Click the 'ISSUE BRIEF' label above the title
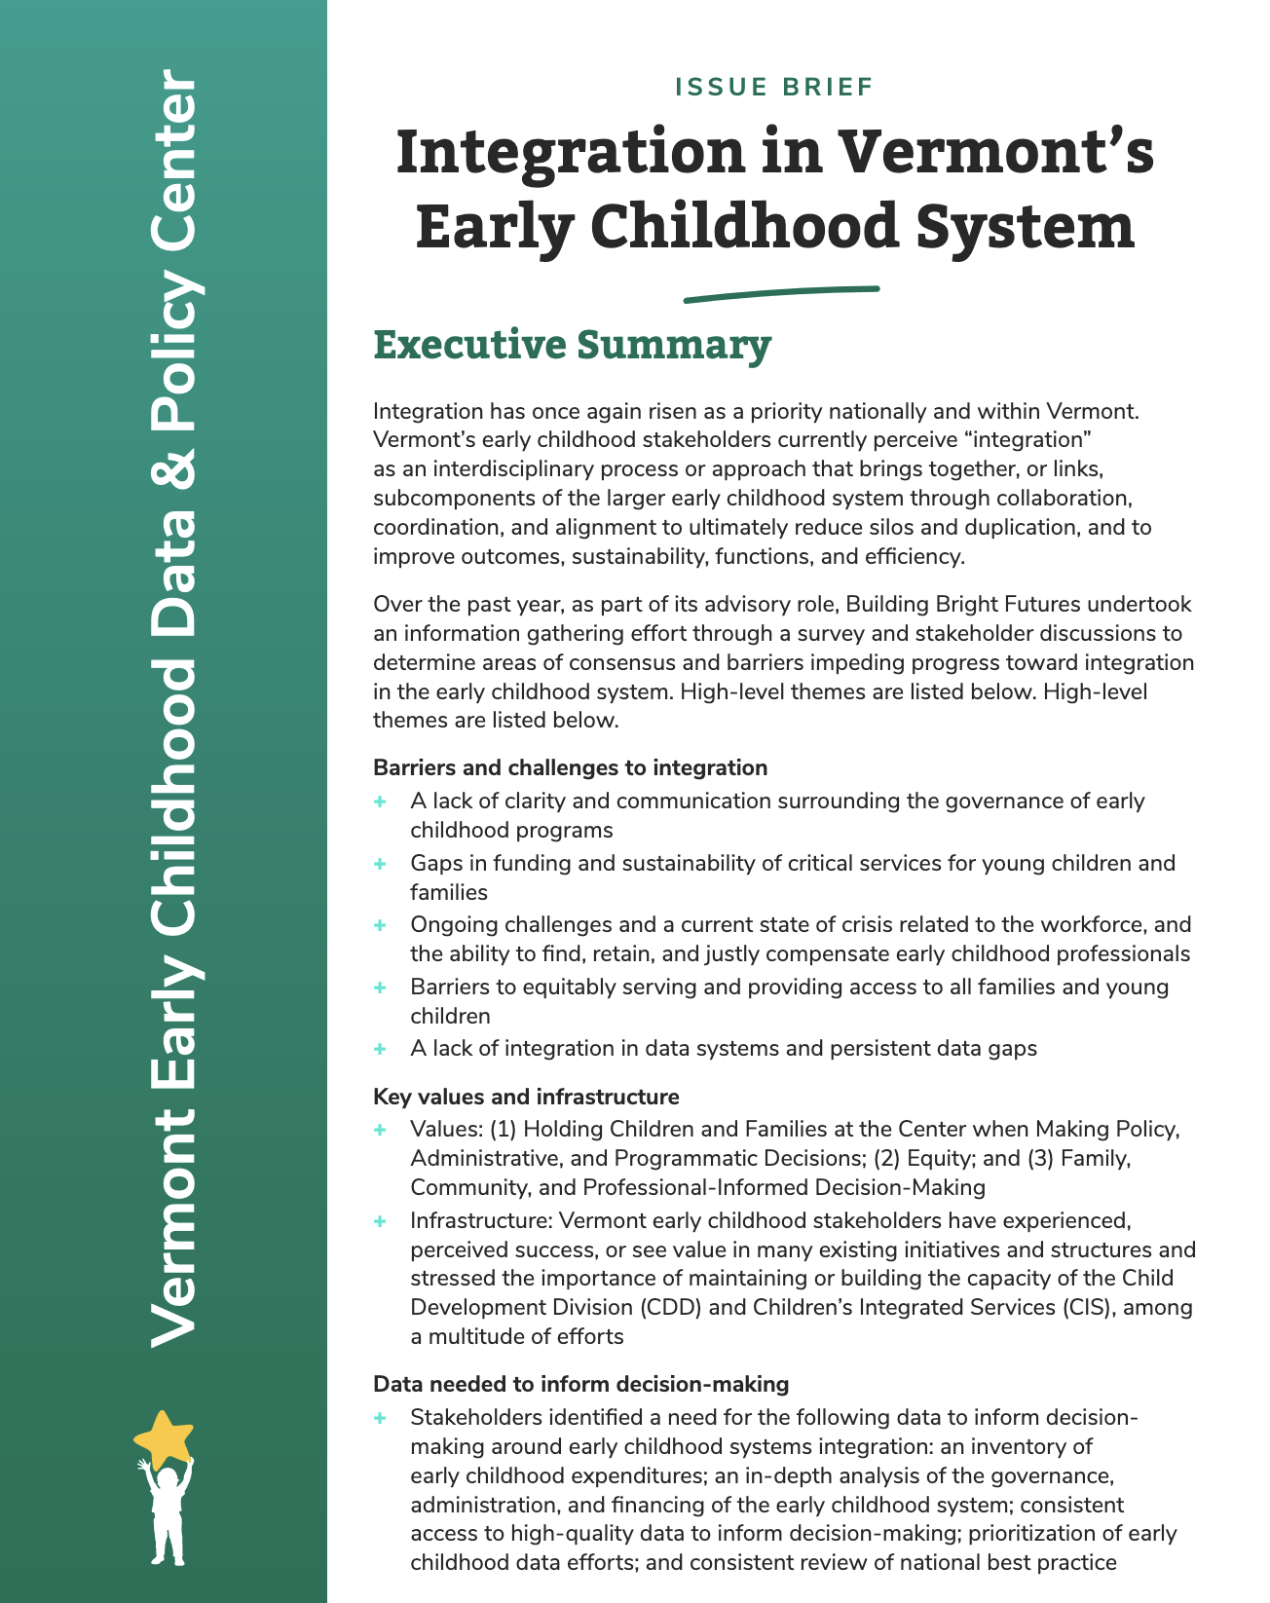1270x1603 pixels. pyautogui.click(x=774, y=88)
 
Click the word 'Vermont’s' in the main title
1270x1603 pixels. pyautogui.click(x=995, y=154)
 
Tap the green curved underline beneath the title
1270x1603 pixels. pyautogui.click(x=781, y=293)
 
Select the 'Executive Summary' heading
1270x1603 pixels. pyautogui.click(x=572, y=346)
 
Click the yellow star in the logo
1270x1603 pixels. pyautogui.click(x=163, y=1437)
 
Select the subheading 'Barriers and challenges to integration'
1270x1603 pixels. pyautogui.click(x=570, y=767)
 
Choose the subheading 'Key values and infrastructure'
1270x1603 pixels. pyautogui.click(x=526, y=1097)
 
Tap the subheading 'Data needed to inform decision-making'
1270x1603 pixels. pyautogui.click(x=580, y=1384)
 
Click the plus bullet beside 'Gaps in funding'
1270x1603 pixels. pyautogui.click(x=380, y=864)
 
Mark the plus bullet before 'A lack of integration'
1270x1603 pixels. pyautogui.click(x=380, y=1049)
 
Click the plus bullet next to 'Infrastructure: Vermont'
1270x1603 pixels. pyautogui.click(x=380, y=1221)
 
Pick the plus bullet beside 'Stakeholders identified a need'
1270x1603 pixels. pyautogui.click(x=380, y=1418)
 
